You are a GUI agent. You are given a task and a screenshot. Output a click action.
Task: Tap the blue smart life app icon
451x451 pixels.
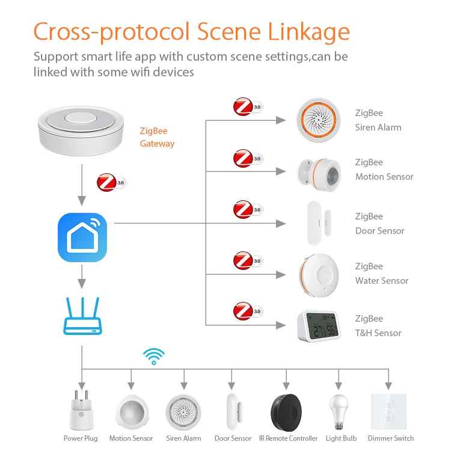(x=82, y=238)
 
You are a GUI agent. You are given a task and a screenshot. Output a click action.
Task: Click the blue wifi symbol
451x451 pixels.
(x=153, y=356)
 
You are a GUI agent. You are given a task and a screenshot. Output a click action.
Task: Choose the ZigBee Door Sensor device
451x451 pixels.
(x=315, y=223)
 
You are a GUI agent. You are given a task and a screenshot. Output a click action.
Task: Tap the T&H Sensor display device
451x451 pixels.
(x=318, y=326)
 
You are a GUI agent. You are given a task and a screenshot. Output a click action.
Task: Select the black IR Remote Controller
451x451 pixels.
(x=288, y=411)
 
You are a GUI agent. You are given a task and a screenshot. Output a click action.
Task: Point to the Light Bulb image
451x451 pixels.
(x=340, y=410)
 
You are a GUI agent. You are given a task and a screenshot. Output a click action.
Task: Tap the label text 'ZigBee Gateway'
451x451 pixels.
(x=157, y=137)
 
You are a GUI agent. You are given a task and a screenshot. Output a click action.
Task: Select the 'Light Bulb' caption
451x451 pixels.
(x=341, y=438)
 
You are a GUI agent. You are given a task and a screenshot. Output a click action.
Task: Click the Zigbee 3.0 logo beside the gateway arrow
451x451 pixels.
(x=111, y=182)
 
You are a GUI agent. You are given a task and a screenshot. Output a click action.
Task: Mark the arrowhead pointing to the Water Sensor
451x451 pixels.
(x=281, y=275)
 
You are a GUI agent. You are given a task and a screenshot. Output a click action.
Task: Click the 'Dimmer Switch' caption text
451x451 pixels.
(x=391, y=438)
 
